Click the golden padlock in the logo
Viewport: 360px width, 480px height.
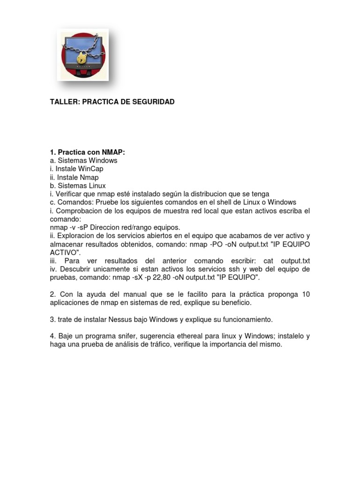pyautogui.click(x=82, y=59)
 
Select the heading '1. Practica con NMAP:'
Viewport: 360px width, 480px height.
pyautogui.click(x=88, y=152)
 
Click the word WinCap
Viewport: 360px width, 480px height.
pyautogui.click(x=91, y=169)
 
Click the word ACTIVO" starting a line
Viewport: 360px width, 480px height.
pyautogui.click(x=66, y=253)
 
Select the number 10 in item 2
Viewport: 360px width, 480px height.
pyautogui.click(x=306, y=294)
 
